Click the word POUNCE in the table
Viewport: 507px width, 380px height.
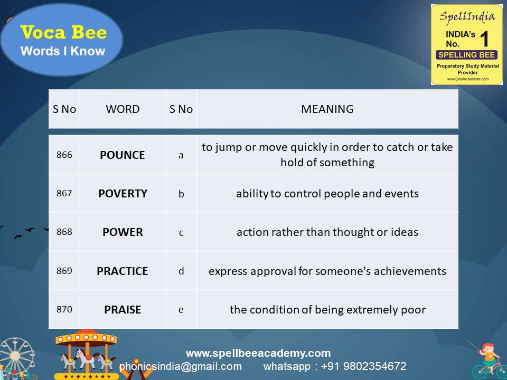pyautogui.click(x=122, y=155)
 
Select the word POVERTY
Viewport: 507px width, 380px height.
pyautogui.click(x=123, y=194)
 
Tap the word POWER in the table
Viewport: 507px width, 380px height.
pyautogui.click(x=123, y=232)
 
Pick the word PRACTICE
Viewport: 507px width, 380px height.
pyautogui.click(x=123, y=271)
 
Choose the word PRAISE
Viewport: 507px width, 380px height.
pyautogui.click(x=123, y=310)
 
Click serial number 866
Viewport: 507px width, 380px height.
pyautogui.click(x=64, y=155)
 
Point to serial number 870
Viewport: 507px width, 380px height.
pyautogui.click(x=64, y=310)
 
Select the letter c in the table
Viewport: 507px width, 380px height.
pyautogui.click(x=181, y=233)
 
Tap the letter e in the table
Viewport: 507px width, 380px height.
pyautogui.click(x=181, y=310)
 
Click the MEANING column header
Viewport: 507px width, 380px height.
pyautogui.click(x=327, y=109)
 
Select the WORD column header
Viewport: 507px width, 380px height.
pyautogui.click(x=123, y=109)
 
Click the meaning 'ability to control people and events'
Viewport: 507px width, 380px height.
pyautogui.click(x=327, y=194)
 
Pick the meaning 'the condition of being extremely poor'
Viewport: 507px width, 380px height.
pyautogui.click(x=327, y=310)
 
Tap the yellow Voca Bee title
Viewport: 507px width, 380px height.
pyautogui.click(x=63, y=33)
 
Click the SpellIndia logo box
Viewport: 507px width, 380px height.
pyautogui.click(x=466, y=44)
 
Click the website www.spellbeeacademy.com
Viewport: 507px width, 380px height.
pyautogui.click(x=258, y=353)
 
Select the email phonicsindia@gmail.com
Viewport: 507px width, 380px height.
pyautogui.click(x=181, y=366)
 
